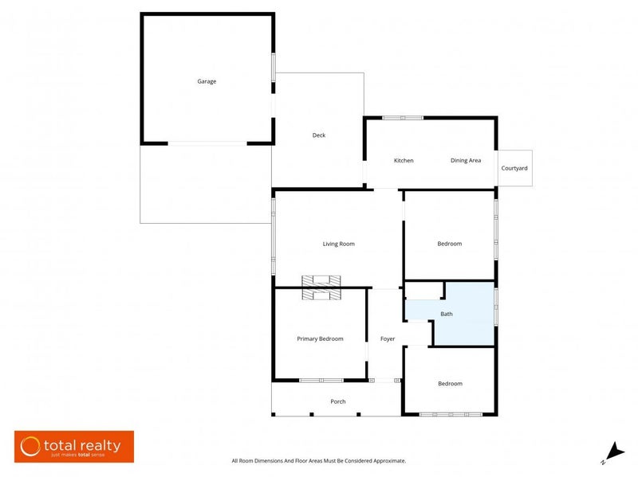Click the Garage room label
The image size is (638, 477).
pos(207,81)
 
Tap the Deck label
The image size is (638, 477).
pos(318,135)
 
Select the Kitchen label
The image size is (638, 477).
pos(404,161)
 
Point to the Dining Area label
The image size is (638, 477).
pos(466,161)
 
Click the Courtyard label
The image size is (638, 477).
pos(514,168)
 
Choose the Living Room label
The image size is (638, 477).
pos(338,244)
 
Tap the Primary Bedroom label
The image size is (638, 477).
pos(320,338)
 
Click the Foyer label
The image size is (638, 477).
pos(388,339)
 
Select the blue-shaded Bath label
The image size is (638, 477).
pos(447,315)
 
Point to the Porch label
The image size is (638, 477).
pos(338,401)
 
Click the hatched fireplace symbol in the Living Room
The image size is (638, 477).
pos(321,287)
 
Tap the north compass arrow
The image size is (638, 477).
pos(612,451)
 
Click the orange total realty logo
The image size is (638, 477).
pos(74,447)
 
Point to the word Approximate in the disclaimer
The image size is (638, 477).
pos(387,460)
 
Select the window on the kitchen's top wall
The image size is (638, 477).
pos(403,118)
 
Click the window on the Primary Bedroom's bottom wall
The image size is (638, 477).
pos(321,380)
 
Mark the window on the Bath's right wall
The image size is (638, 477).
pos(495,307)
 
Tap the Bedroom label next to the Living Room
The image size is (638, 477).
pos(449,244)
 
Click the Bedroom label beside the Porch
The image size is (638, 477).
pos(450,384)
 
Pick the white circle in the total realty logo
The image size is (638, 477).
pos(31,446)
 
